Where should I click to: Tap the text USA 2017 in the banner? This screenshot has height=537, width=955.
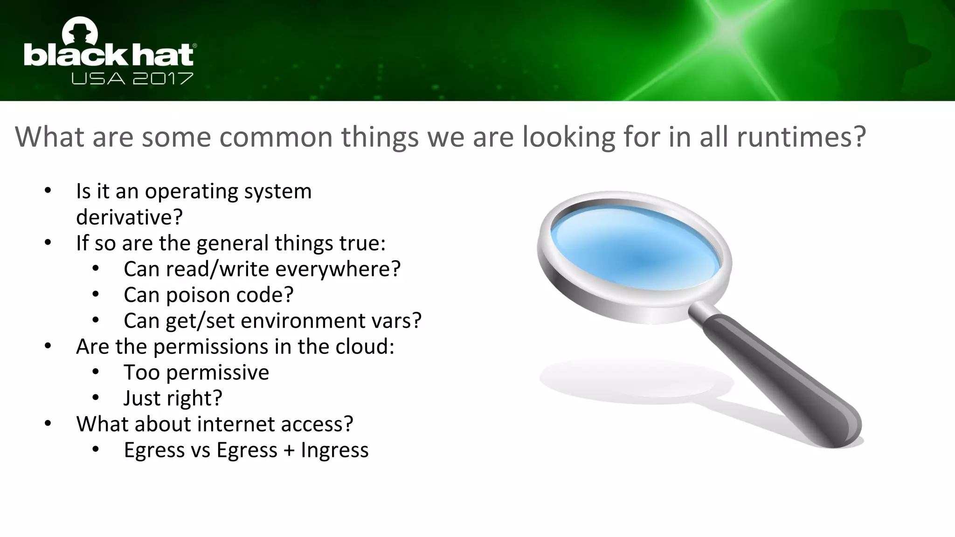point(132,78)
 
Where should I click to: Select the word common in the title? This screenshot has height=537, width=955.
point(276,137)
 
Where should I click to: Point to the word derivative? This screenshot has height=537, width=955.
point(129,217)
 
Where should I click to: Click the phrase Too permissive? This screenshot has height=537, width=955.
point(196,372)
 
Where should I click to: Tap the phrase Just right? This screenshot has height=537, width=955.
point(173,398)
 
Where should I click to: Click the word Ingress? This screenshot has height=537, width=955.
point(335,450)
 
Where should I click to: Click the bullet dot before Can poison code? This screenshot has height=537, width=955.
point(96,295)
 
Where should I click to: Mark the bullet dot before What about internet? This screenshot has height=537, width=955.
point(48,424)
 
